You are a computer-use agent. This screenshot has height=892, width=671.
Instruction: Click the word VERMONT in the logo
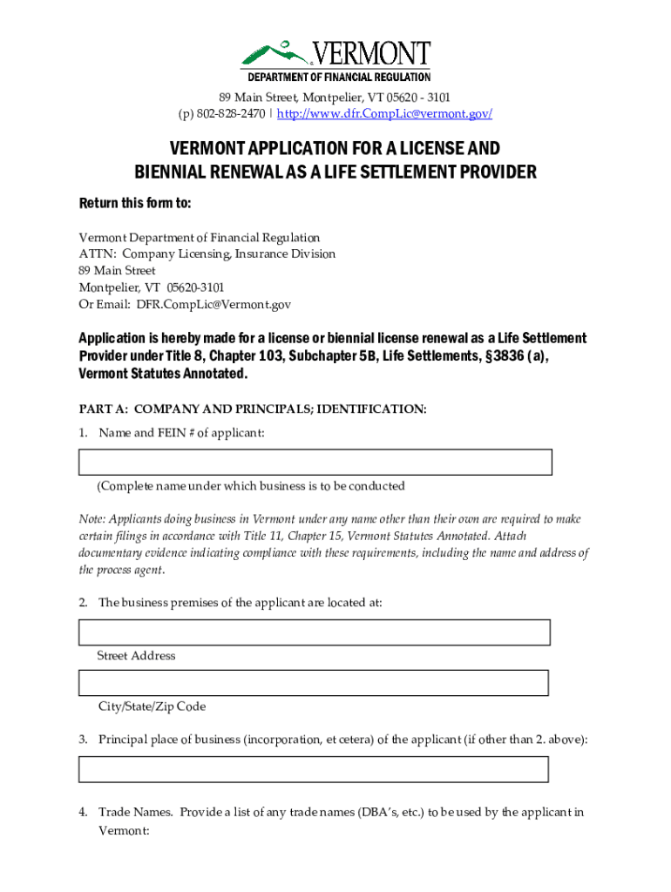(372, 54)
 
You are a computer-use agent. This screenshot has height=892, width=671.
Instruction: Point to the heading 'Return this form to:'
(135, 204)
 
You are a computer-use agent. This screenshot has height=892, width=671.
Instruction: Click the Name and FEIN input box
(315, 462)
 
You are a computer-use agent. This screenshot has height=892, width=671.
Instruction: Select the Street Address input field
(314, 632)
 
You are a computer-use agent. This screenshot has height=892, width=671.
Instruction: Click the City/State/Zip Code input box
(314, 682)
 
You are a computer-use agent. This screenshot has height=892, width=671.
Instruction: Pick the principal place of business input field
(314, 769)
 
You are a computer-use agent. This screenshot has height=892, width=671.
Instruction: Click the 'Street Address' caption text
(136, 656)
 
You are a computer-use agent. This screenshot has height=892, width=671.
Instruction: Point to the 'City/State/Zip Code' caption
(152, 706)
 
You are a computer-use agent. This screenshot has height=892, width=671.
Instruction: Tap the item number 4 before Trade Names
(83, 813)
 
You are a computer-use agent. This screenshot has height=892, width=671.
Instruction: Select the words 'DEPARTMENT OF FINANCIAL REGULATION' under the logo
(335, 77)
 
